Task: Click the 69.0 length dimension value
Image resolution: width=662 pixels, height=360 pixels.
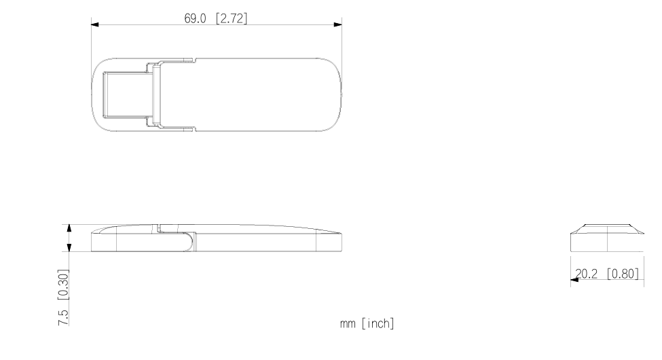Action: (x=195, y=18)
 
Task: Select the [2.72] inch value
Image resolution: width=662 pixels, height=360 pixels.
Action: (x=232, y=18)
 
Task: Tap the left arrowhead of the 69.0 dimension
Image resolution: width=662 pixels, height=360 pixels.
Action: (x=95, y=24)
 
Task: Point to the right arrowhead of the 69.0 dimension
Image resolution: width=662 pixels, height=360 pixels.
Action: (x=337, y=24)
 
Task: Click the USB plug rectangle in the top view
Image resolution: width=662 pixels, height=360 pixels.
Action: (x=128, y=94)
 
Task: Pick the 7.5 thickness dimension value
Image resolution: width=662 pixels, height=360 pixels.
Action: (x=63, y=317)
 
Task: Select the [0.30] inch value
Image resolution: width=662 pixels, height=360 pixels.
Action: (x=63, y=285)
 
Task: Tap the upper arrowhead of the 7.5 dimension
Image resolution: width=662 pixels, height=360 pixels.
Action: (x=69, y=229)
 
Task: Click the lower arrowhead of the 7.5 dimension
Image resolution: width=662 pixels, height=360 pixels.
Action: (x=69, y=247)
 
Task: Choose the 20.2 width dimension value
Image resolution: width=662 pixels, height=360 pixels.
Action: (x=587, y=274)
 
